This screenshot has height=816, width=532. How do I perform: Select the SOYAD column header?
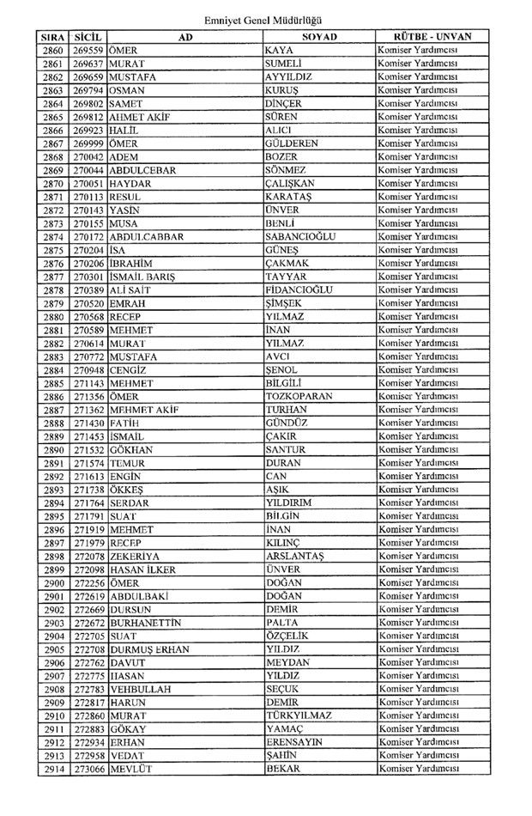(x=319, y=38)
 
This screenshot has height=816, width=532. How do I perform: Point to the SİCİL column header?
(x=88, y=38)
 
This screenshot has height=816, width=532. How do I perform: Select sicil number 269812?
(x=88, y=117)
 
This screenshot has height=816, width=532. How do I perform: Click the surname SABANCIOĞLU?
(x=300, y=236)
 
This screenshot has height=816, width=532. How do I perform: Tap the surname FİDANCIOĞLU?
(x=299, y=289)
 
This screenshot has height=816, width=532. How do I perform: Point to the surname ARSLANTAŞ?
(x=295, y=556)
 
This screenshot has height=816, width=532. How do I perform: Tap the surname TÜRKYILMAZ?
(x=299, y=716)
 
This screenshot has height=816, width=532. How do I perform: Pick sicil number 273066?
(x=88, y=769)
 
